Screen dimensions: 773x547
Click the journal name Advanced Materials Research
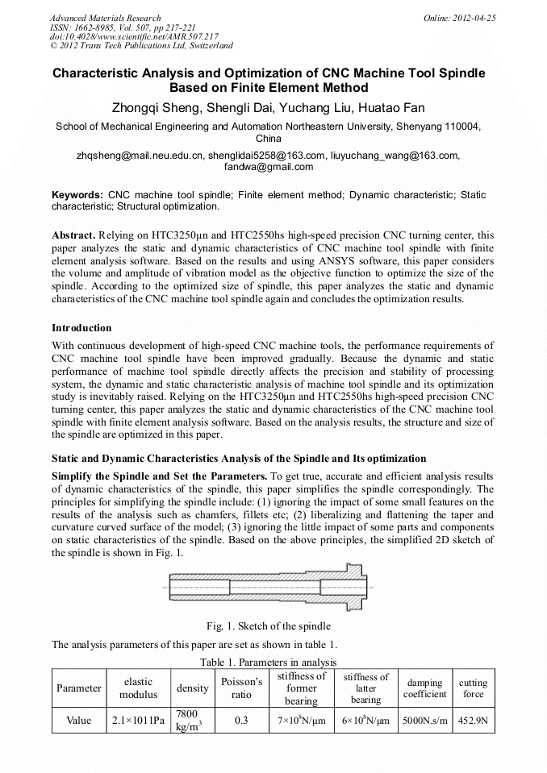[x=105, y=18]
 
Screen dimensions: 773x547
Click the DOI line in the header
[x=133, y=36]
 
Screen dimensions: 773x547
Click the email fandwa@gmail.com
[x=273, y=167]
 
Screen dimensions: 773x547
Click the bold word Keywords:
[x=77, y=195]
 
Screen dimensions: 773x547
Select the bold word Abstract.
[x=73, y=235]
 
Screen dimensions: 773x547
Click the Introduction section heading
[x=81, y=328]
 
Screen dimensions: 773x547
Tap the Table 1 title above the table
[x=273, y=662]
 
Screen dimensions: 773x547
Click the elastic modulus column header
[x=139, y=688]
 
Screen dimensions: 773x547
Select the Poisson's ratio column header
[x=241, y=688]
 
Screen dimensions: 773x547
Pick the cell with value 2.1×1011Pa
[x=139, y=721]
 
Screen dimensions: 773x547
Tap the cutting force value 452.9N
[x=474, y=721]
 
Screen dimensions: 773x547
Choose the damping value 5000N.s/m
[x=424, y=721]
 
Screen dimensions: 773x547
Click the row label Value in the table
[x=79, y=721]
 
